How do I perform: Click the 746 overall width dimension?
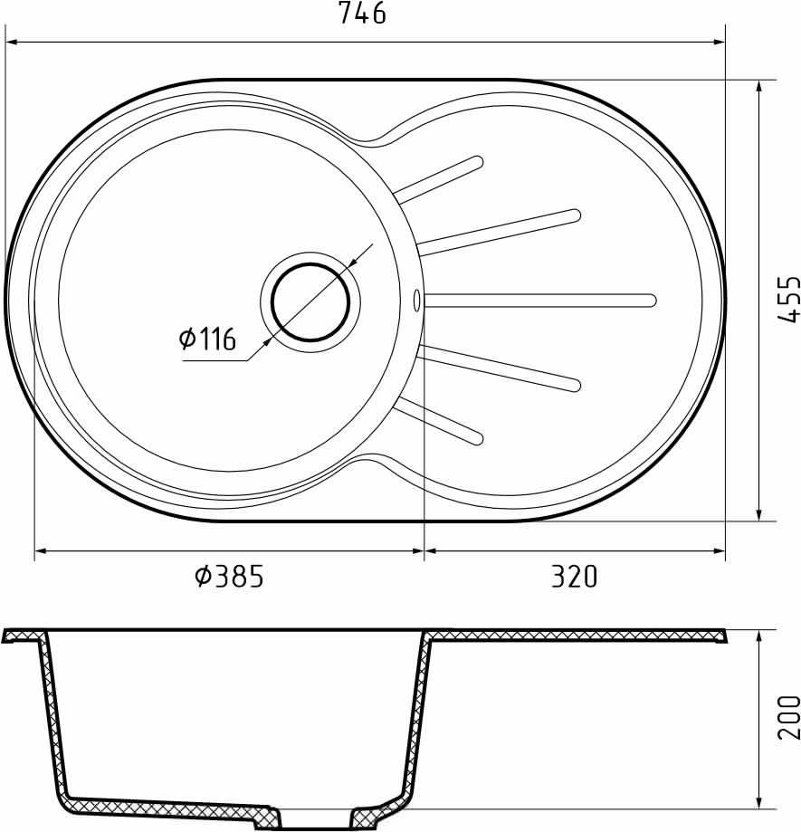(x=362, y=14)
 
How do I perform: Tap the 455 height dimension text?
(x=788, y=298)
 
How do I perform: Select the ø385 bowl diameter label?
(x=229, y=576)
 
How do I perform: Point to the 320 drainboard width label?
(x=574, y=576)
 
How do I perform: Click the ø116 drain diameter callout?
(x=207, y=339)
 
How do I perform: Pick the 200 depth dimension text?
(x=788, y=717)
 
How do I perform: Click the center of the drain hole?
(x=310, y=301)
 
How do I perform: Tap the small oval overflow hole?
(x=416, y=301)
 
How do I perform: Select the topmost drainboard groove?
(x=439, y=179)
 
